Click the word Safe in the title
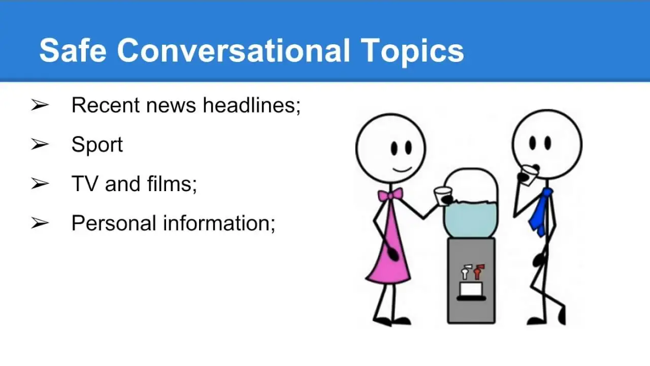pos(73,50)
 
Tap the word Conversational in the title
pos(234,50)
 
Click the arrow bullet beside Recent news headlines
pos(40,105)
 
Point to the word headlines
pos(251,105)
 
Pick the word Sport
pos(97,145)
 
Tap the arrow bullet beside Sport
pos(40,144)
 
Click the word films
pos(172,184)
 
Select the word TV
pos(85,184)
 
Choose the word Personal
pos(114,223)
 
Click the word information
pos(219,223)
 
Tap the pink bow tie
pos(391,195)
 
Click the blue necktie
pos(540,212)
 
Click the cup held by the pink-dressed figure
pos(443,196)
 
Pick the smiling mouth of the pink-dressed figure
pos(402,169)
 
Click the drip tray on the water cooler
pos(471,298)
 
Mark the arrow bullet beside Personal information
pos(40,223)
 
